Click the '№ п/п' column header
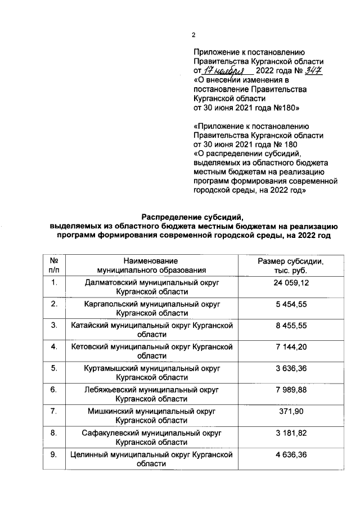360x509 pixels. [55, 266]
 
